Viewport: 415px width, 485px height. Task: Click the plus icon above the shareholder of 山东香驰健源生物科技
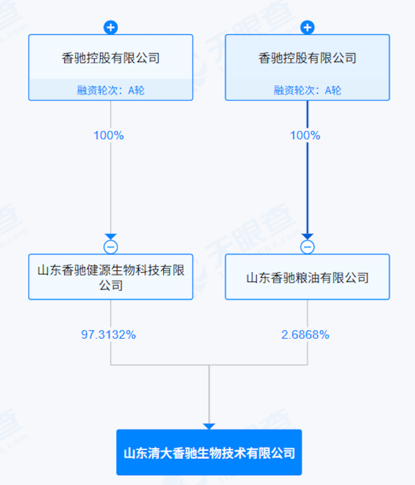pyautogui.click(x=111, y=27)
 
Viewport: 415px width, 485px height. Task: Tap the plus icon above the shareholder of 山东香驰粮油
pyautogui.click(x=308, y=27)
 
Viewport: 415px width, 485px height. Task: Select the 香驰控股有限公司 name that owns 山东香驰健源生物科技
pyautogui.click(x=111, y=58)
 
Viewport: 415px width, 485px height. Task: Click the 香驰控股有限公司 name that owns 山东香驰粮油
pyautogui.click(x=308, y=58)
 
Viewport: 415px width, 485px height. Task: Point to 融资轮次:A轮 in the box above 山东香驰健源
pyautogui.click(x=111, y=90)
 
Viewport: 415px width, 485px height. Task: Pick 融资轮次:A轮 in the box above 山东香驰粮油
pyautogui.click(x=308, y=90)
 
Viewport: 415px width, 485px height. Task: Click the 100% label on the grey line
pyautogui.click(x=108, y=135)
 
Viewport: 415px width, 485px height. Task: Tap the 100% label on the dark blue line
pyautogui.click(x=305, y=135)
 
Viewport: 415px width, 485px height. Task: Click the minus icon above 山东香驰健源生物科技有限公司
pyautogui.click(x=111, y=247)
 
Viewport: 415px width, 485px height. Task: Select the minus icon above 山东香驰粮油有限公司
pyautogui.click(x=308, y=247)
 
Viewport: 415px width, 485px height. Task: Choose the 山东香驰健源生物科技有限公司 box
pyautogui.click(x=111, y=277)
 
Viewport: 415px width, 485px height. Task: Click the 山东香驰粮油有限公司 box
pyautogui.click(x=308, y=277)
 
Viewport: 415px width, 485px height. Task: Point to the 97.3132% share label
pyautogui.click(x=108, y=335)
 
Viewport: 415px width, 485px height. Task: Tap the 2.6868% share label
pyautogui.click(x=305, y=335)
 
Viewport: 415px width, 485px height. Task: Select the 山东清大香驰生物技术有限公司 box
pyautogui.click(x=209, y=452)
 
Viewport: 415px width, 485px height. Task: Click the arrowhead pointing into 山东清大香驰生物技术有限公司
pyautogui.click(x=209, y=426)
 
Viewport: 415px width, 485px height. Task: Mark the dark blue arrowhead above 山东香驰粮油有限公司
pyautogui.click(x=308, y=237)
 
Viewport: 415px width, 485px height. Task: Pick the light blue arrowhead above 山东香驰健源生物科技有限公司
pyautogui.click(x=111, y=237)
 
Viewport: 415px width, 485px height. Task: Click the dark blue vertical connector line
pyautogui.click(x=308, y=183)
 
